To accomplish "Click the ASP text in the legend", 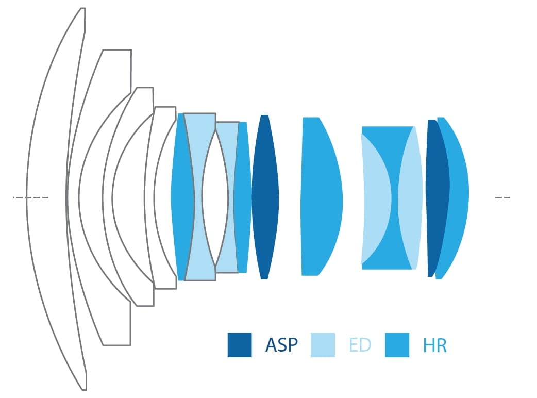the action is [281, 345].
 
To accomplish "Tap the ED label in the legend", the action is [360, 345].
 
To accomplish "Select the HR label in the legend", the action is [435, 345].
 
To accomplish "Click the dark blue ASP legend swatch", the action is [240, 345].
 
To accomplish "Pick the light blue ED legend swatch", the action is [323, 345].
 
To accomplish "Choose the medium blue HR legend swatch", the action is [397, 345].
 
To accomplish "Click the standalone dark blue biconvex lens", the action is [265, 197].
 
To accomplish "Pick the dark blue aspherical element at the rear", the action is [437, 198].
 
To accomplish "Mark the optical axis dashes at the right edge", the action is [503, 197].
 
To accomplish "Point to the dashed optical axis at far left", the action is [31, 197].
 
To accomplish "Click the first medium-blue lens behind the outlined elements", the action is [182, 197].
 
